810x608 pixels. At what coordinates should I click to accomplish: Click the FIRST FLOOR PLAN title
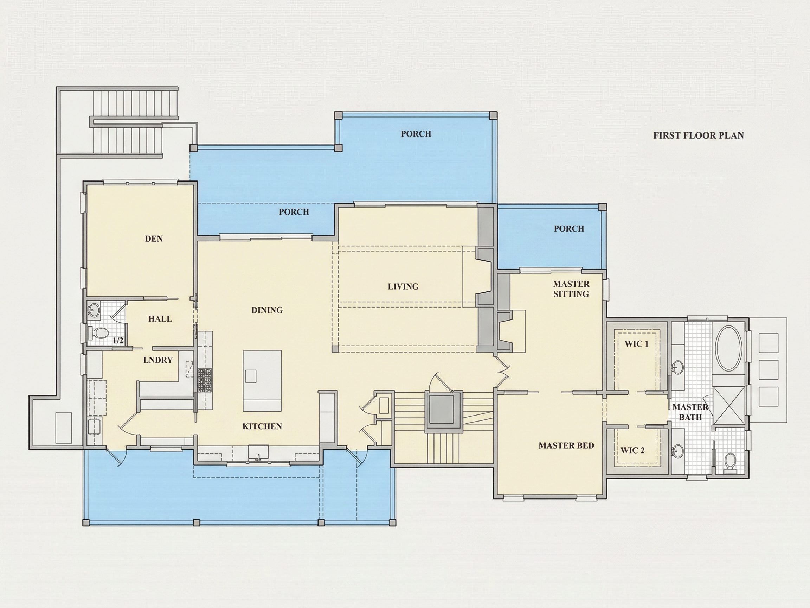click(699, 135)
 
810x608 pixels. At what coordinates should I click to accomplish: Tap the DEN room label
click(154, 239)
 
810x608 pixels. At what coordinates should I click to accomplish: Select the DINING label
click(267, 310)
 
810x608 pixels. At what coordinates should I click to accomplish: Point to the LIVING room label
click(403, 286)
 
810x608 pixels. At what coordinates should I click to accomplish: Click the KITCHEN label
click(262, 426)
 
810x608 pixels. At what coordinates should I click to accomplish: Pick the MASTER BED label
click(566, 446)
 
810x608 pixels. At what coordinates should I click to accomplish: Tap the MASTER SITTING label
click(571, 289)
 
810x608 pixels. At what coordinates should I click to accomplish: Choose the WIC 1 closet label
click(636, 344)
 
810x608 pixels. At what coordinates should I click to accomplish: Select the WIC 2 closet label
click(632, 450)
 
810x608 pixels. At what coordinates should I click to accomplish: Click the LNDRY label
click(158, 360)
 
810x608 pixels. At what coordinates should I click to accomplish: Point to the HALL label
click(160, 319)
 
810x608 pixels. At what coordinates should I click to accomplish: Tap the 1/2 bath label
click(118, 341)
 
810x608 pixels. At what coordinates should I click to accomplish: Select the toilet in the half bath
click(98, 333)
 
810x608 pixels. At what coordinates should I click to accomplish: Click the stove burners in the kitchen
click(205, 380)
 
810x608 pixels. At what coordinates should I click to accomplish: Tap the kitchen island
click(263, 381)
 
